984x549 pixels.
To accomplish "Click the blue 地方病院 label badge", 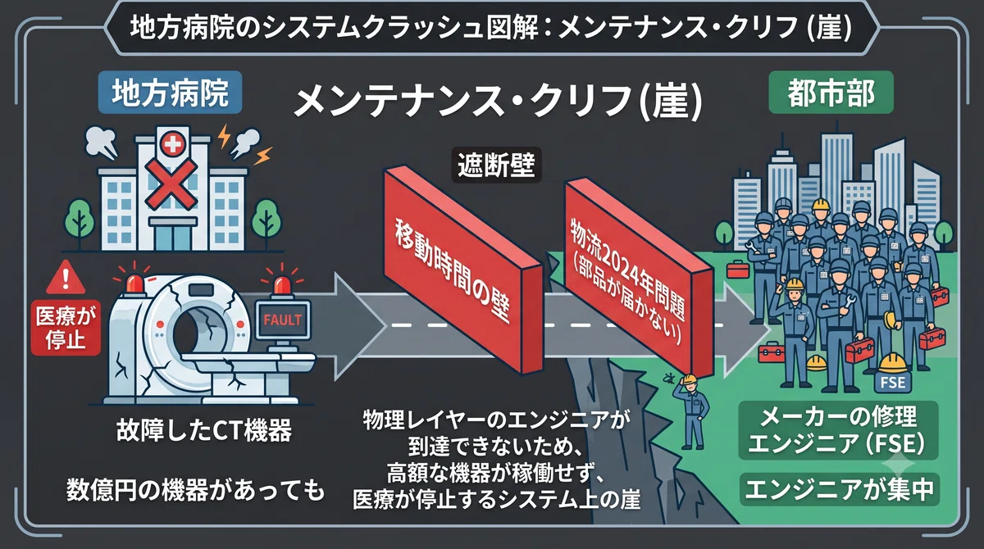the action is [x=171, y=93].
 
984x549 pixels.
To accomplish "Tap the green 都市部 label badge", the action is [x=831, y=93].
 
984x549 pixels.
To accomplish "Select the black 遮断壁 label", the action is [x=496, y=165].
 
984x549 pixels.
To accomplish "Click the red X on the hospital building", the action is [x=171, y=184].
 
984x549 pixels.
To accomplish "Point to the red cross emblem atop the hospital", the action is [x=173, y=144].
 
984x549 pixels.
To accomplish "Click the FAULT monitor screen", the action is [x=283, y=320].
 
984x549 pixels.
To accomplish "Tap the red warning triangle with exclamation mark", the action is [x=66, y=278].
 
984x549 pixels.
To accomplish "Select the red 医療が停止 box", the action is [x=66, y=328].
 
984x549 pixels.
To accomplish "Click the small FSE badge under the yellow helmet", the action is [x=893, y=382].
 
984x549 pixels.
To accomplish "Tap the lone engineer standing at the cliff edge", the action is [x=693, y=411].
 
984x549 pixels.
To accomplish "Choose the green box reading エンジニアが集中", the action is [x=840, y=489].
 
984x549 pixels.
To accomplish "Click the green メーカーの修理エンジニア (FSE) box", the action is [x=838, y=430].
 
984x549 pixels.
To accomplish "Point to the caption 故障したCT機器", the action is [x=204, y=430].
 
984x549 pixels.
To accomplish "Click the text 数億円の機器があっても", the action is [x=195, y=490].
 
